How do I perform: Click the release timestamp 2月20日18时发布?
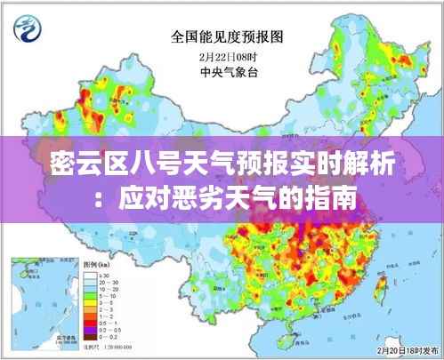click(x=399, y=351)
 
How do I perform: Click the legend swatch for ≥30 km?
click(x=91, y=275)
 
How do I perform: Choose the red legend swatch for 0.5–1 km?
click(x=91, y=324)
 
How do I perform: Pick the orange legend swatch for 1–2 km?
click(x=91, y=316)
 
